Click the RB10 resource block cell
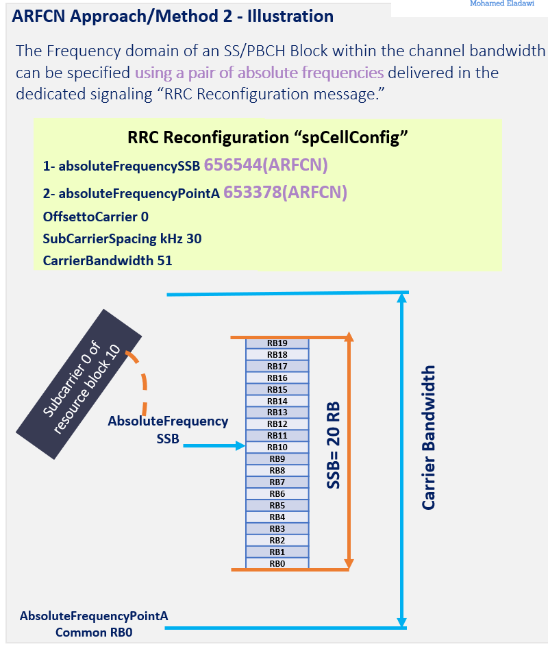(x=277, y=447)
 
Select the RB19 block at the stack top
(x=277, y=343)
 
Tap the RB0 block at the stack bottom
(x=277, y=563)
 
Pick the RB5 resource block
(x=277, y=505)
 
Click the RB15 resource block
(x=277, y=389)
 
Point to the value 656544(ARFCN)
(x=266, y=165)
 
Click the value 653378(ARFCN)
(x=285, y=193)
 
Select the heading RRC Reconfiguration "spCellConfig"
(x=268, y=137)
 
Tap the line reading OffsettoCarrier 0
(x=95, y=217)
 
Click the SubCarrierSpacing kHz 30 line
(x=122, y=238)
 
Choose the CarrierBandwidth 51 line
(x=107, y=260)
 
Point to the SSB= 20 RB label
(x=334, y=445)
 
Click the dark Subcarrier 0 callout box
(x=79, y=384)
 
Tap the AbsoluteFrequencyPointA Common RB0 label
(x=94, y=624)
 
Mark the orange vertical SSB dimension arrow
(x=349, y=452)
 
